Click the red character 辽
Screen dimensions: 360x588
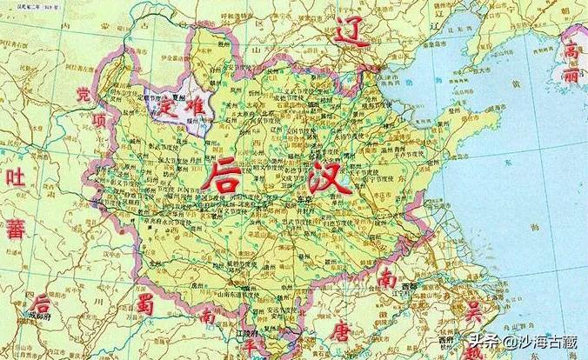(x=352, y=34)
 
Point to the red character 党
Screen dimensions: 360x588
(x=84, y=94)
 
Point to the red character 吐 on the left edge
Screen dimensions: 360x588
(x=15, y=179)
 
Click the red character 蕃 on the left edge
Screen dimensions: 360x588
(x=15, y=230)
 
